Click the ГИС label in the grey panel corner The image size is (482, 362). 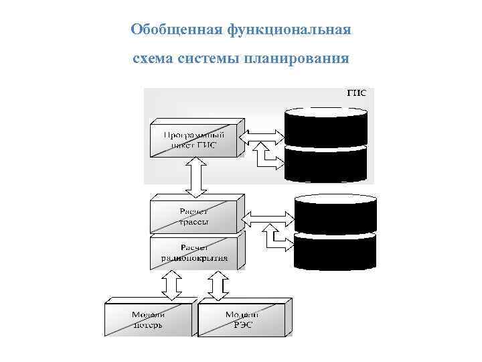[x=356, y=93]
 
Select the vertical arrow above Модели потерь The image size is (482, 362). [x=171, y=285]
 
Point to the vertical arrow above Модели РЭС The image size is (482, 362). [x=217, y=285]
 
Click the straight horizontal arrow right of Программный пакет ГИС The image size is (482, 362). [x=262, y=136]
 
